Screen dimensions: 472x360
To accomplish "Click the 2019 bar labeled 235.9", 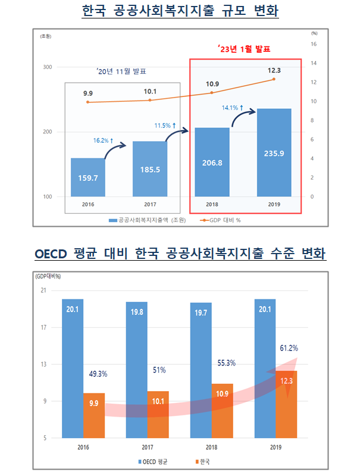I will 274,153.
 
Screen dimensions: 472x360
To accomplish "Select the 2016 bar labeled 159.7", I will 87,177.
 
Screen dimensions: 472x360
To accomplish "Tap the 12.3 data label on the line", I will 274,70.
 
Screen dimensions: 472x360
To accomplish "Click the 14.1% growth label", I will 230,108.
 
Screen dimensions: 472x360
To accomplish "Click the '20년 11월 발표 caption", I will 121,71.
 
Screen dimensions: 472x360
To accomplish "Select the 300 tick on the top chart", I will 47,67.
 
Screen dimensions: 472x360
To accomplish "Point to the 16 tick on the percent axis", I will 314,44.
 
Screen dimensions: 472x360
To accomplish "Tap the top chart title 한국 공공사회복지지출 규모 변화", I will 180,11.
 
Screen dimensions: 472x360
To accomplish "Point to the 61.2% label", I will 287,348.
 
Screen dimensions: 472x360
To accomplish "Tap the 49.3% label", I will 98,374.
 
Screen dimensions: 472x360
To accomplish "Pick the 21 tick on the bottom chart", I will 43,290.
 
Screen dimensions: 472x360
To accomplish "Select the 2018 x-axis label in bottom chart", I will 211,447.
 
